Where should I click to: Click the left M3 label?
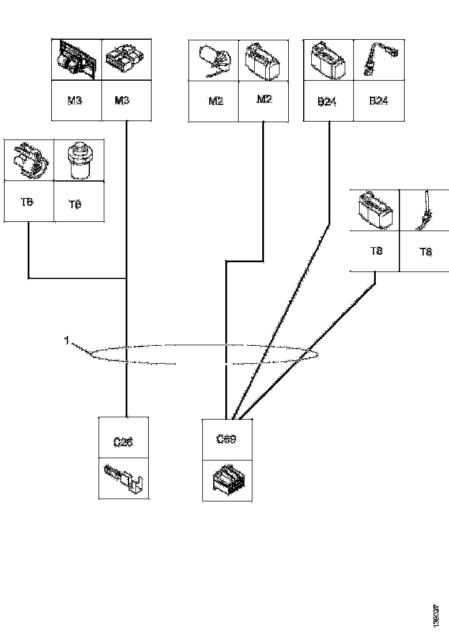click(74, 101)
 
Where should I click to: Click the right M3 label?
click(122, 101)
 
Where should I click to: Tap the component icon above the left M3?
click(76, 60)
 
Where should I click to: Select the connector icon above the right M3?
click(126, 60)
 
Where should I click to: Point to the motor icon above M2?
click(214, 60)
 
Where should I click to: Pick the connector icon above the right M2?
click(263, 60)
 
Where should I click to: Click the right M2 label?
click(263, 100)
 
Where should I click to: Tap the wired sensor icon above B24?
click(378, 60)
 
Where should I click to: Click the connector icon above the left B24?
click(327, 60)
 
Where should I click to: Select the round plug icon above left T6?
click(28, 159)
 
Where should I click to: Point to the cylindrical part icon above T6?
click(78, 160)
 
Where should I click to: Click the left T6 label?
click(27, 202)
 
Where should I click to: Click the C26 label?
click(123, 443)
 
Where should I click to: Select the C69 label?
click(226, 439)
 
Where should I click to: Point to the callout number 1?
click(67, 341)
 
